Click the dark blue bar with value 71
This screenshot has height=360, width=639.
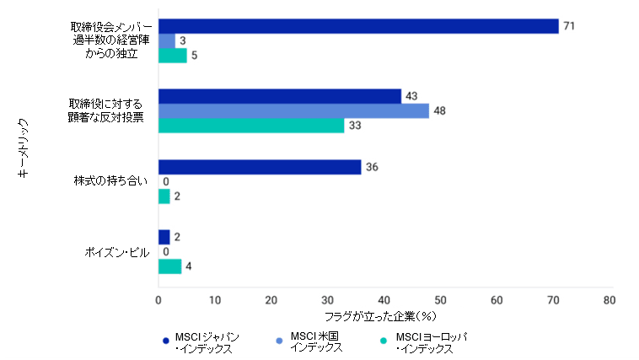(x=358, y=26)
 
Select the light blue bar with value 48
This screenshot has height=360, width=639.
(x=293, y=110)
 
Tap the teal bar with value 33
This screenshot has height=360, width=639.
(x=251, y=126)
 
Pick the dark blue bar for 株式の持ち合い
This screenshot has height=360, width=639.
(x=260, y=167)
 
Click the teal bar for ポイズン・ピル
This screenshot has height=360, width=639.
(x=169, y=266)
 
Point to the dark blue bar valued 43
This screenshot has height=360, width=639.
(x=280, y=96)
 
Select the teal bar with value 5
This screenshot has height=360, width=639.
(x=172, y=56)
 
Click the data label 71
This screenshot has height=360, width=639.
(x=568, y=26)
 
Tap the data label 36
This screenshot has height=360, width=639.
(x=371, y=167)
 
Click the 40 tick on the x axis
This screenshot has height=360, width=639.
(x=384, y=299)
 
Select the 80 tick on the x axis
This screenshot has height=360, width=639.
(x=609, y=299)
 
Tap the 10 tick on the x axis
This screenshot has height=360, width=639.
(x=215, y=299)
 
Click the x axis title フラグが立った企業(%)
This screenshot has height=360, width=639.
(x=384, y=317)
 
